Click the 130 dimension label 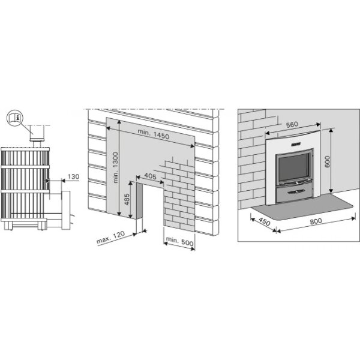coord(73,176)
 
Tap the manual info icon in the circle coord(16,118)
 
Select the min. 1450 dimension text coord(154,134)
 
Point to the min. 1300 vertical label coord(115,167)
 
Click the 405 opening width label coord(150,176)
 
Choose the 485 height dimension coord(127,199)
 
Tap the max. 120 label coord(110,237)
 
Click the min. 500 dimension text coord(179,241)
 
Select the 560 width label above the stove coord(292,125)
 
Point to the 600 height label coord(327,161)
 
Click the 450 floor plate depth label coord(265,221)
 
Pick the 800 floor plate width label coord(316,221)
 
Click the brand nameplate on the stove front coord(296,144)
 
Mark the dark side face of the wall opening coord(139,200)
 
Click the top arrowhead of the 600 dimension coord(331,130)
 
